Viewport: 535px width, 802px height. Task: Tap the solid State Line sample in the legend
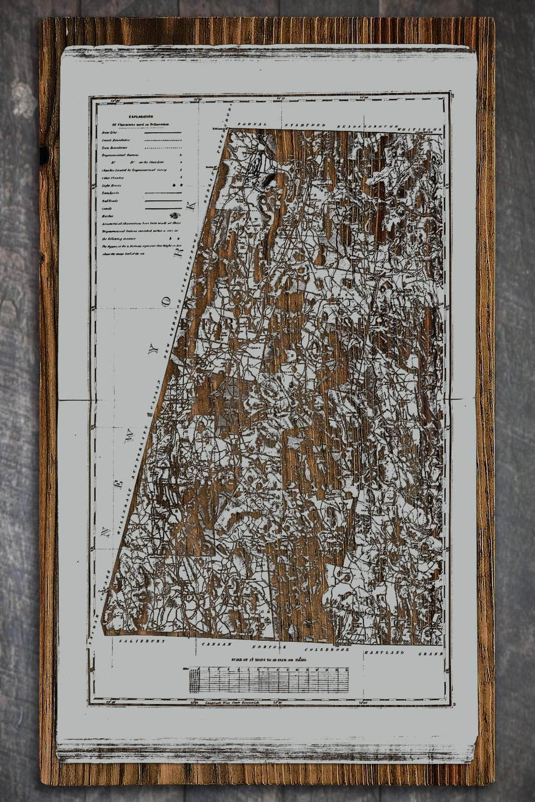pos(163,133)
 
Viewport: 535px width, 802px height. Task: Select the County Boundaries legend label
pos(113,140)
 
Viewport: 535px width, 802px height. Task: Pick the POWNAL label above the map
pos(252,124)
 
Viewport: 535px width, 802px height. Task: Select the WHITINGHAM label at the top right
pos(419,129)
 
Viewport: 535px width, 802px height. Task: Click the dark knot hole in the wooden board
pos(44,154)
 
